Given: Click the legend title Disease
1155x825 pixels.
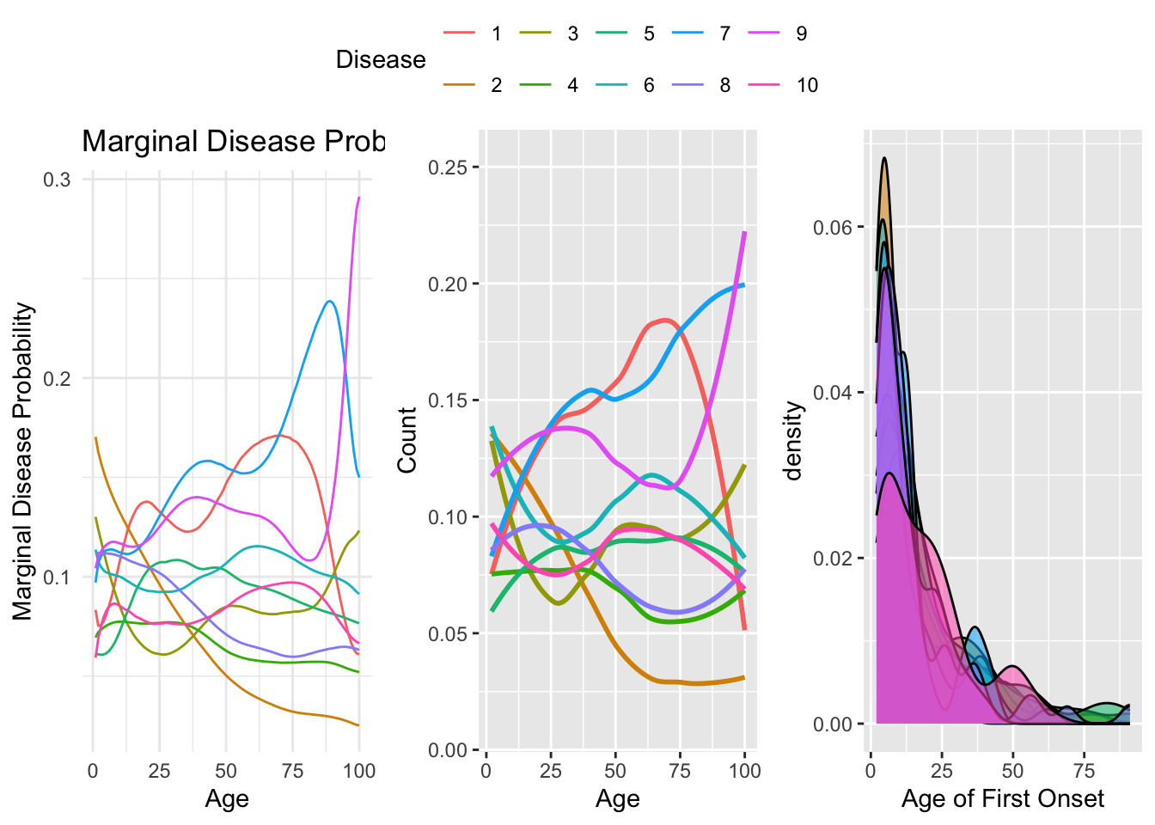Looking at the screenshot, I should click(381, 59).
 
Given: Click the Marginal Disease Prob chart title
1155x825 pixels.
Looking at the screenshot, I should click(233, 141).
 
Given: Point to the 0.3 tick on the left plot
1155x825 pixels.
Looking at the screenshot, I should click(58, 180).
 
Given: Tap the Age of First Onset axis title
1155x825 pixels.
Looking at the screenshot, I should click(1002, 799).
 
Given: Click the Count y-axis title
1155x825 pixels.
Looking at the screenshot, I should click(407, 440).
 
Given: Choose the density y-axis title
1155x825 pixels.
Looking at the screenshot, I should click(794, 440).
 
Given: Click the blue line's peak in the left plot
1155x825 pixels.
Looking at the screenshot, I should click(329, 301).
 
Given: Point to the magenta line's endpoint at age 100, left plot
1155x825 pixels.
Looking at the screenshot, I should click(359, 198).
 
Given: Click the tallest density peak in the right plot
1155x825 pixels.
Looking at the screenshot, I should click(883, 158).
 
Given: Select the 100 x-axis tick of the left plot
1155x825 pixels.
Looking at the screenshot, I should click(359, 771).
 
